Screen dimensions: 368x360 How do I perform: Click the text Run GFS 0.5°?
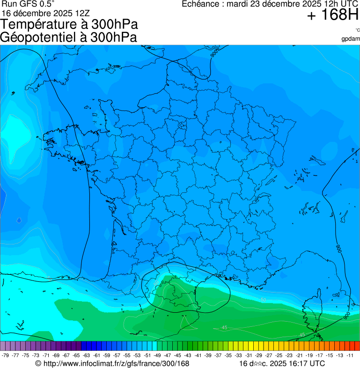click(x=28, y=4)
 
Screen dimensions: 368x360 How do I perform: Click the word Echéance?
click(x=200, y=4)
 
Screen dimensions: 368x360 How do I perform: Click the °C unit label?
click(x=358, y=30)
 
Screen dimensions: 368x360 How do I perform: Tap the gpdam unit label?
click(x=351, y=38)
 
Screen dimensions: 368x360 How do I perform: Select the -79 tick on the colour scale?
click(x=6, y=355)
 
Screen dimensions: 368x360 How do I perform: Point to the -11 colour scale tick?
click(x=350, y=355)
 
